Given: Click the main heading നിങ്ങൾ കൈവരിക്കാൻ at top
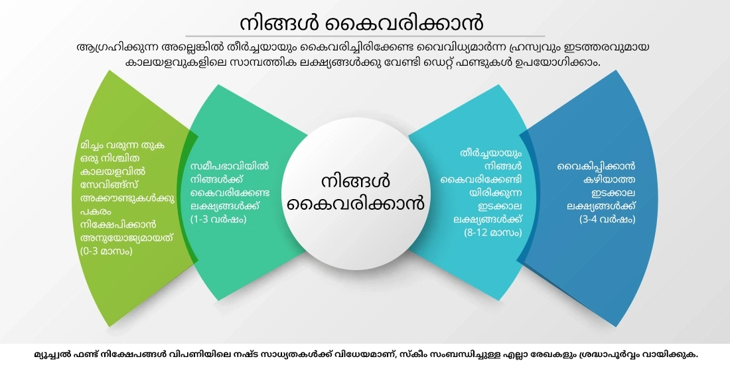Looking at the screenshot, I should [x=362, y=22].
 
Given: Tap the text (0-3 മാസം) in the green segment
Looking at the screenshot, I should [x=106, y=252].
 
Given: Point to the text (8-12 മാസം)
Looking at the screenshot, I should [x=493, y=232].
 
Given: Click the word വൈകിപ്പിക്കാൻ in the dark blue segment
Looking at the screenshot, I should [x=596, y=166].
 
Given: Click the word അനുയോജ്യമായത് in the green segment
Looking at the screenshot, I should [x=121, y=238].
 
